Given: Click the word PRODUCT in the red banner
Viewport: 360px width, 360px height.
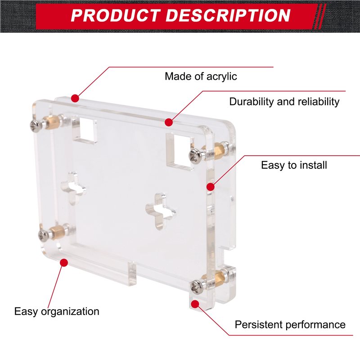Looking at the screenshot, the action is click(116, 16).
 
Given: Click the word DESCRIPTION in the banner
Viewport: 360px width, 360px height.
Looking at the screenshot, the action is click(228, 16).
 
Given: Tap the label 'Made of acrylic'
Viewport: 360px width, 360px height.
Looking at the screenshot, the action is click(201, 76).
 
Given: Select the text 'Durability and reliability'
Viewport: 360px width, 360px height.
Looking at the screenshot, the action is click(284, 102).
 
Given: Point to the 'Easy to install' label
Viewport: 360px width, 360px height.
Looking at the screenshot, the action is click(294, 165).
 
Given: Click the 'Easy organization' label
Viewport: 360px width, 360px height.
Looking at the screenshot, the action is click(57, 311).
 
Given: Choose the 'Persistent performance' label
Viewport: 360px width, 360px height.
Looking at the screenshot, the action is click(290, 324).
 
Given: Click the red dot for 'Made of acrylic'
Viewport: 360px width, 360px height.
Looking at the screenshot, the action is click(75, 99).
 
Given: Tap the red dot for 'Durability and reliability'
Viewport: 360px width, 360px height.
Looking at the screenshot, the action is click(169, 122).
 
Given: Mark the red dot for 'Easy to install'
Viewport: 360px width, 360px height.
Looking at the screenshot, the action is click(210, 187).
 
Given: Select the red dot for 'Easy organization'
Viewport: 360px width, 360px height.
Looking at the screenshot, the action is click(64, 262).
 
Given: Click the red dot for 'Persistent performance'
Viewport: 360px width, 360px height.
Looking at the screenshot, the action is click(195, 304).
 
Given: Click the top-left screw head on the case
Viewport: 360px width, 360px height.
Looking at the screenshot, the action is click(36, 126).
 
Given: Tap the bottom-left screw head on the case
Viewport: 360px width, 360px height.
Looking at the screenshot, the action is click(43, 235).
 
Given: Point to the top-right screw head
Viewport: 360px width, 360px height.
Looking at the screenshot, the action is click(195, 156).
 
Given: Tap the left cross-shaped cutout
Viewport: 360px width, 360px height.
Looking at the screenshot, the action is click(74, 187).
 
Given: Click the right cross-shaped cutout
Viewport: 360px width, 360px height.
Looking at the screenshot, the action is click(161, 211).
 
